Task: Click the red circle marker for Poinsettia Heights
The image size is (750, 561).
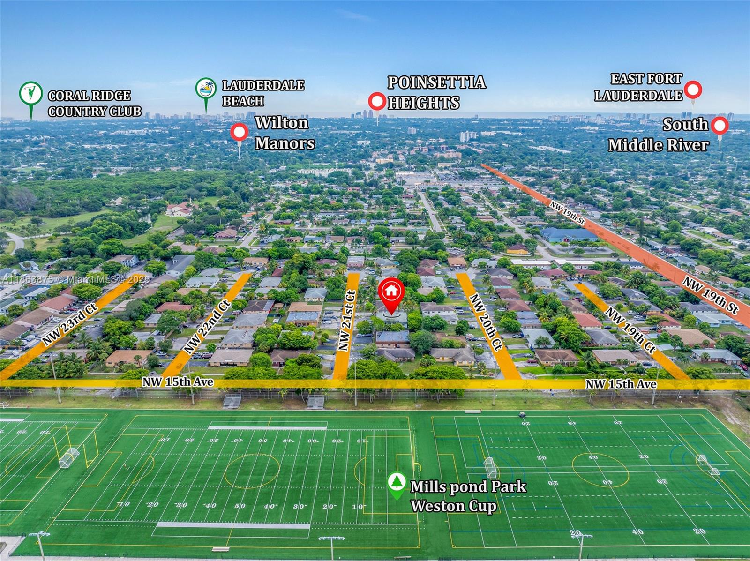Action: coord(377,101)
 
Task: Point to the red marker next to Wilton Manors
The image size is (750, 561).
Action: coord(239,133)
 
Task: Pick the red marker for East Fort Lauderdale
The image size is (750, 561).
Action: coord(693,89)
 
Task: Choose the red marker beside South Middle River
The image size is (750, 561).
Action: coord(720,126)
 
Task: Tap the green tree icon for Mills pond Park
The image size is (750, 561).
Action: coord(397,483)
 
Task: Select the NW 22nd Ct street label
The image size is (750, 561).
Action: coord(208,327)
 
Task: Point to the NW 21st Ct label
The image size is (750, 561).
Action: coord(346,321)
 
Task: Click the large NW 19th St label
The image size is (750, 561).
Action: coord(711,295)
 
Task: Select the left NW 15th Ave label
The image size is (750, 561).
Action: coord(178,382)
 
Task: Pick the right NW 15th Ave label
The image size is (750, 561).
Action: coord(621,384)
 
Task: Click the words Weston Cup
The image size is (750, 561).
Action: coord(453,506)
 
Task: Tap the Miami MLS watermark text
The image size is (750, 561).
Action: coord(75,279)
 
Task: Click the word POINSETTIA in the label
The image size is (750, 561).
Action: coord(436,82)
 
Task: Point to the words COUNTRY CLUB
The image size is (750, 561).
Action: coord(95,111)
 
